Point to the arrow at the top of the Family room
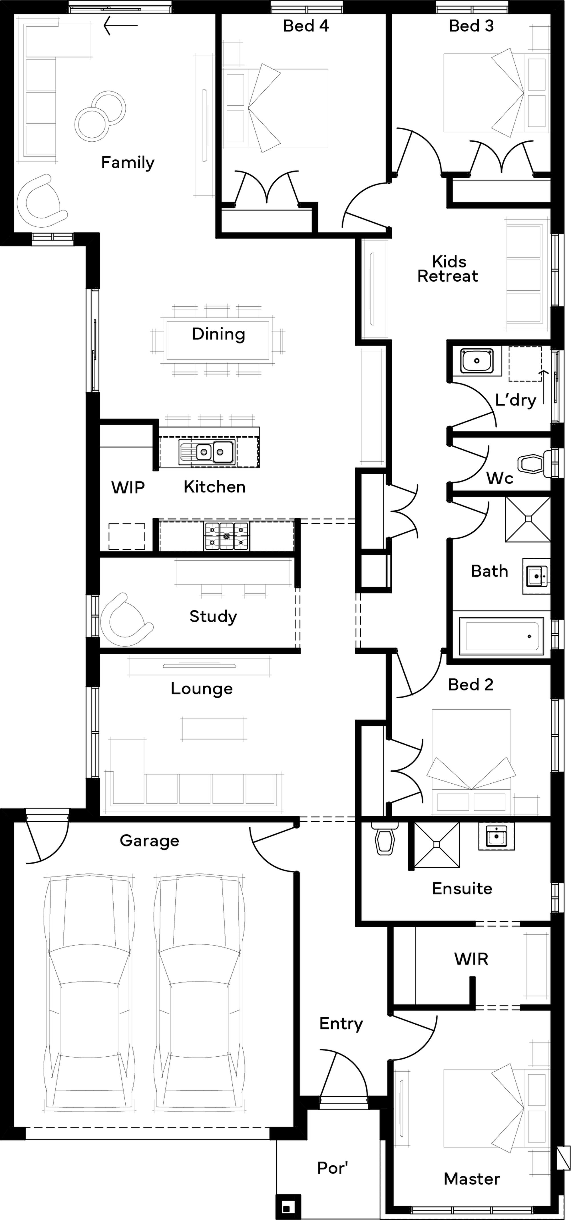point(120,26)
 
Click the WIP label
point(128,487)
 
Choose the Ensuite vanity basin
point(496,836)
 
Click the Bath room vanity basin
point(536,576)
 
